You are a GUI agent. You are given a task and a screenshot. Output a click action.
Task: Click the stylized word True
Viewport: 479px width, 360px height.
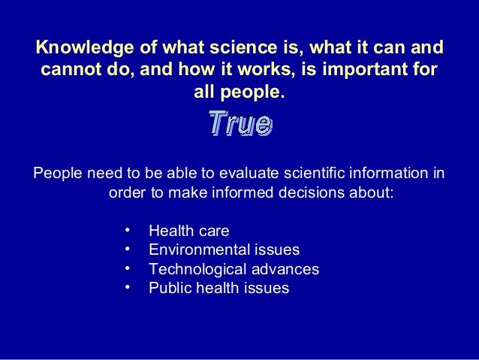(239, 124)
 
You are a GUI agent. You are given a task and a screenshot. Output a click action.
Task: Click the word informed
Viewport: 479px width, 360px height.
(240, 193)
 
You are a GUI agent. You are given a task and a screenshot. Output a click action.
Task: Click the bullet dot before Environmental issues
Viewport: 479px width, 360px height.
(128, 248)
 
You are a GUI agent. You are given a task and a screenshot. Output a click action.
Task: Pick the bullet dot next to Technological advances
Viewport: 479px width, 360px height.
(128, 267)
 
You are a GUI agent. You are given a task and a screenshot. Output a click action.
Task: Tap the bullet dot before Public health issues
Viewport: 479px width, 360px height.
(128, 286)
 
